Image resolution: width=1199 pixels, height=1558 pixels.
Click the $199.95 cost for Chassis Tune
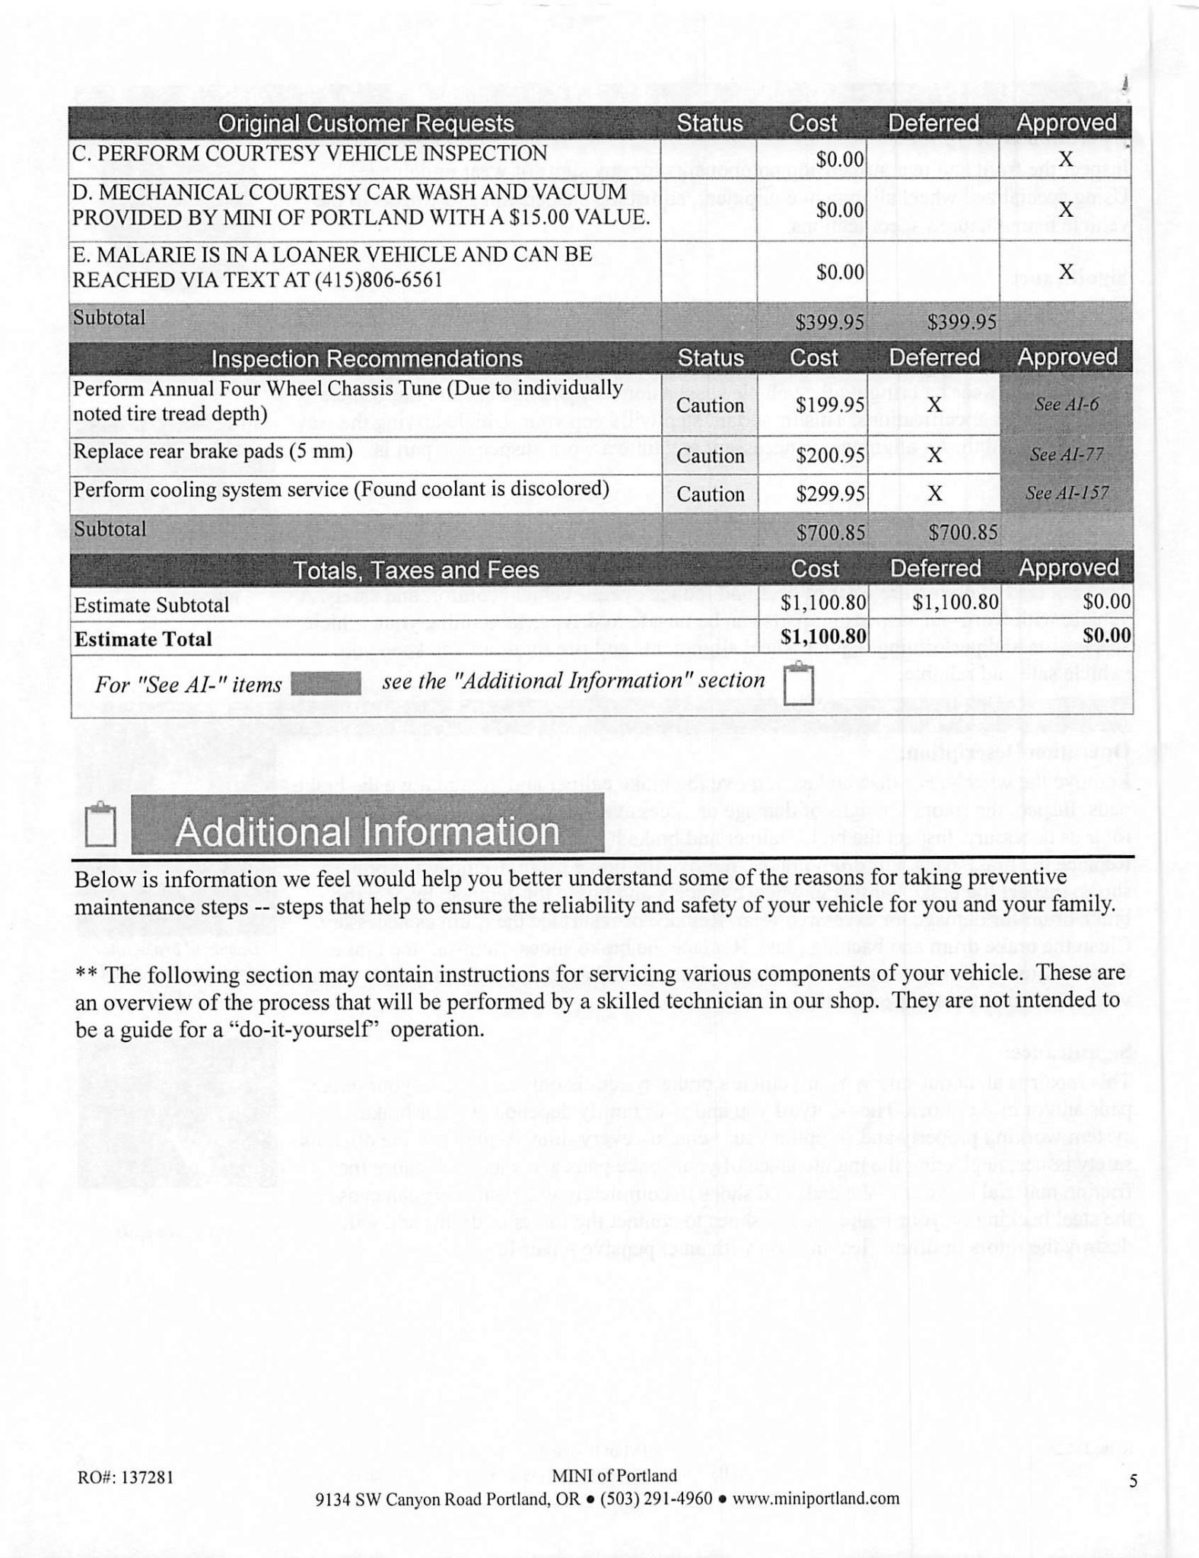(x=831, y=405)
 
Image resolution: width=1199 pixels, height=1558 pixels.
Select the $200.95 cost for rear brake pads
(x=831, y=455)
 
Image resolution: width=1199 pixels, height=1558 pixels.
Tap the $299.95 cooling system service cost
(x=831, y=494)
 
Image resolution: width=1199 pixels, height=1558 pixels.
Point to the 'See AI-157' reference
(x=1067, y=493)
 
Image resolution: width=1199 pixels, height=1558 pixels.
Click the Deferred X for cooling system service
(x=935, y=494)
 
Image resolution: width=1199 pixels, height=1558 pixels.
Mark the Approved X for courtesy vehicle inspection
(x=1067, y=159)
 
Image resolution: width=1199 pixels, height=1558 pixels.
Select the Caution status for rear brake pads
(x=710, y=456)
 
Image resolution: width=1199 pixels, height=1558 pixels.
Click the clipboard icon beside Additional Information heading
(x=100, y=825)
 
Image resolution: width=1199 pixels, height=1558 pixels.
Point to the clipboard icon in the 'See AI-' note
(x=798, y=684)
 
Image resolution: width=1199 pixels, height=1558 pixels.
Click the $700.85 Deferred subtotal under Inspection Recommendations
(x=962, y=533)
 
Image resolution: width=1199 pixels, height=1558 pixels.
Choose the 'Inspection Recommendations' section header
(x=367, y=358)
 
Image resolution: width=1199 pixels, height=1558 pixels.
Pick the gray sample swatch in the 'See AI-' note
(x=326, y=683)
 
